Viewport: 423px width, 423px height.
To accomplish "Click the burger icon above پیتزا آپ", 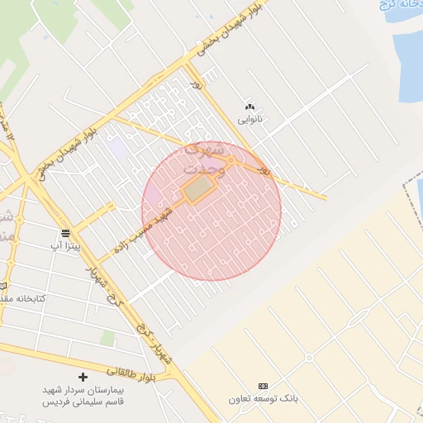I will [x=65, y=233].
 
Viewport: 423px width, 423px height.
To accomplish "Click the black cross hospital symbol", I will [x=83, y=377].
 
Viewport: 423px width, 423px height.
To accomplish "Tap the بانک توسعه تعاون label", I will [x=264, y=399].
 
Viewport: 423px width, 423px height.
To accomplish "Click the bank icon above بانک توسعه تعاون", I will [x=264, y=386].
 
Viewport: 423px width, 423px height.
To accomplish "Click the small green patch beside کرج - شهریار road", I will [x=107, y=338].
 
